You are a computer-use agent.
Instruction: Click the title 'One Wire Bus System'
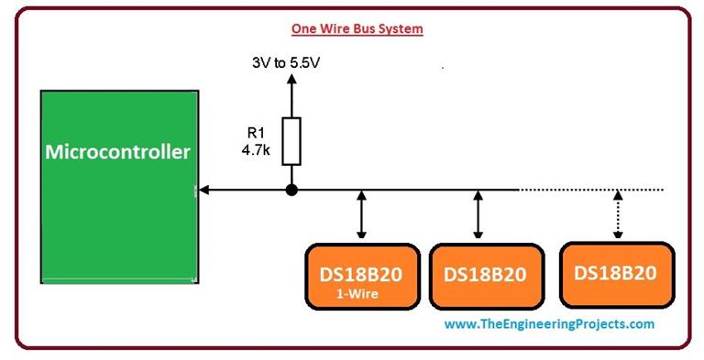pyautogui.click(x=357, y=28)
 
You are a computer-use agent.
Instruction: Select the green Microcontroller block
pyautogui.click(x=118, y=220)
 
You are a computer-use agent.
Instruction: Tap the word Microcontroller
pyautogui.click(x=118, y=151)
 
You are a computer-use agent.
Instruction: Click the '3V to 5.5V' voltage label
pyautogui.click(x=291, y=64)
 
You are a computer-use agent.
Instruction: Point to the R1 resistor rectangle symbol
pyautogui.click(x=291, y=141)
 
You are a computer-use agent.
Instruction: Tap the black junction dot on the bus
pyautogui.click(x=291, y=191)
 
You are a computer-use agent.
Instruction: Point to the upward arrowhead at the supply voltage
pyautogui.click(x=291, y=81)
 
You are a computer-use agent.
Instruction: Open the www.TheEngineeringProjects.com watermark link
pyautogui.click(x=549, y=324)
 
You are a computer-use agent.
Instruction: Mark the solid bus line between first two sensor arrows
pyautogui.click(x=421, y=191)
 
